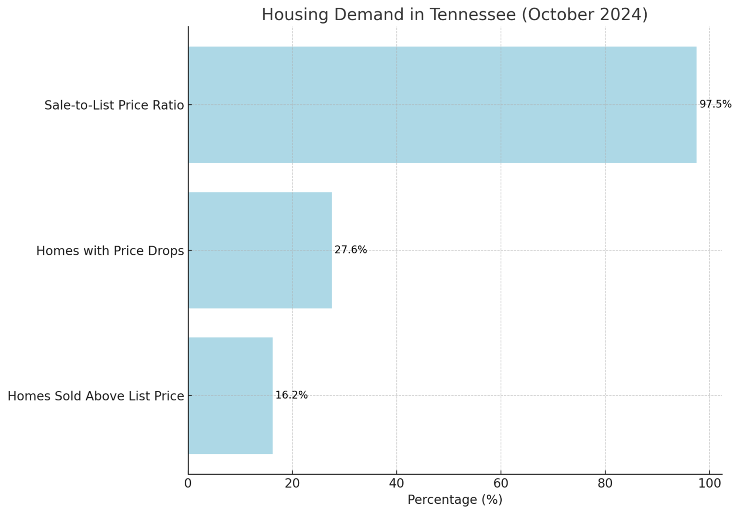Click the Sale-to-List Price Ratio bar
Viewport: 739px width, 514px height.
click(442, 105)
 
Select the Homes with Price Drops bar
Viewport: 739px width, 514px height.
click(260, 250)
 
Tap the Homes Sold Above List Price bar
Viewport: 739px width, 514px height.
click(230, 396)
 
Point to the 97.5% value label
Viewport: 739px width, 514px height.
click(715, 104)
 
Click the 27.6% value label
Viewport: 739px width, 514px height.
click(351, 250)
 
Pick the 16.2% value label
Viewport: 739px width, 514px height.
click(292, 395)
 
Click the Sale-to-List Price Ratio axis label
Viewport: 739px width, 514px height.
click(114, 105)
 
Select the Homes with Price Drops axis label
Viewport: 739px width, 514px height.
click(110, 251)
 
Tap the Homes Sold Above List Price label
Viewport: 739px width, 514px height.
click(96, 396)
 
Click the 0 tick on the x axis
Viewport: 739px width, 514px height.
click(188, 483)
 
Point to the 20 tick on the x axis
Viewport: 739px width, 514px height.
click(292, 483)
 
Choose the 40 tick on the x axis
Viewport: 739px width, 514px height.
click(396, 483)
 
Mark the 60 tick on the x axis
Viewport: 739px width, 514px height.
click(501, 483)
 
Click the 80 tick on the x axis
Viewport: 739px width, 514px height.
click(605, 483)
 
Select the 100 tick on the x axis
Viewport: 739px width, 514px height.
click(709, 483)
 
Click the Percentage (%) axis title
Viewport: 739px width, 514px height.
click(455, 500)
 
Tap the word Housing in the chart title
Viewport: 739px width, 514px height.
click(294, 15)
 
